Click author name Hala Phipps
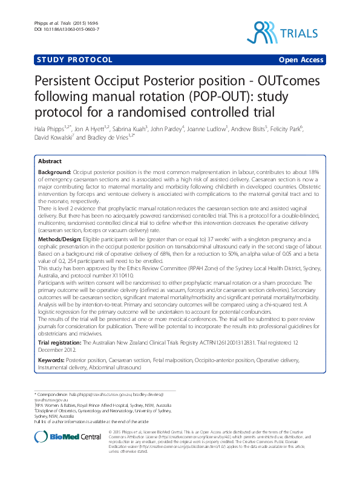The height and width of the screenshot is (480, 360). tap(49, 129)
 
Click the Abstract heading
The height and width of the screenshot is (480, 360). tap(50, 162)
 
